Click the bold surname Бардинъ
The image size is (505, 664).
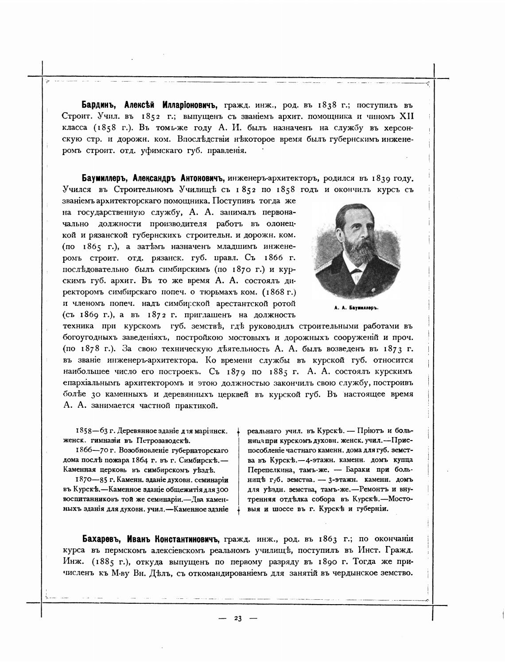pyautogui.click(x=99, y=105)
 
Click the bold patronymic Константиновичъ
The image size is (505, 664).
pyautogui.click(x=186, y=539)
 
